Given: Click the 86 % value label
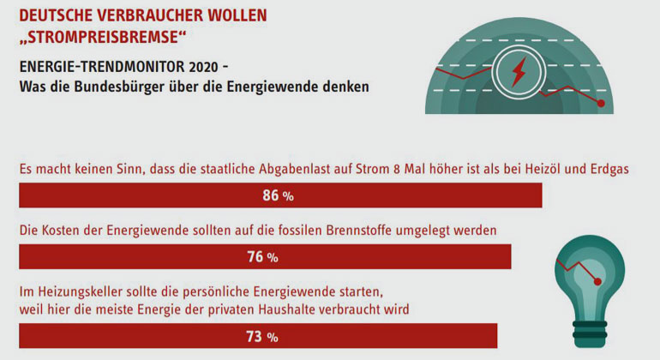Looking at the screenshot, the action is (279, 195).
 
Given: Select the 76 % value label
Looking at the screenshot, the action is (262, 257).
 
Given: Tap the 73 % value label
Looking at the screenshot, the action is (262, 336).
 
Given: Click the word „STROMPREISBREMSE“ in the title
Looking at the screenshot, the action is (102, 37).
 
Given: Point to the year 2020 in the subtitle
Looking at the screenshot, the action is (204, 67).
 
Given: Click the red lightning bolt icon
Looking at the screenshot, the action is (519, 72).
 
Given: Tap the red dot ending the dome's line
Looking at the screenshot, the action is (601, 103).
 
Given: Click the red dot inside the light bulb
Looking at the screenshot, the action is (597, 282).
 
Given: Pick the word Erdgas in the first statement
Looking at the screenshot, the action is (610, 169).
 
